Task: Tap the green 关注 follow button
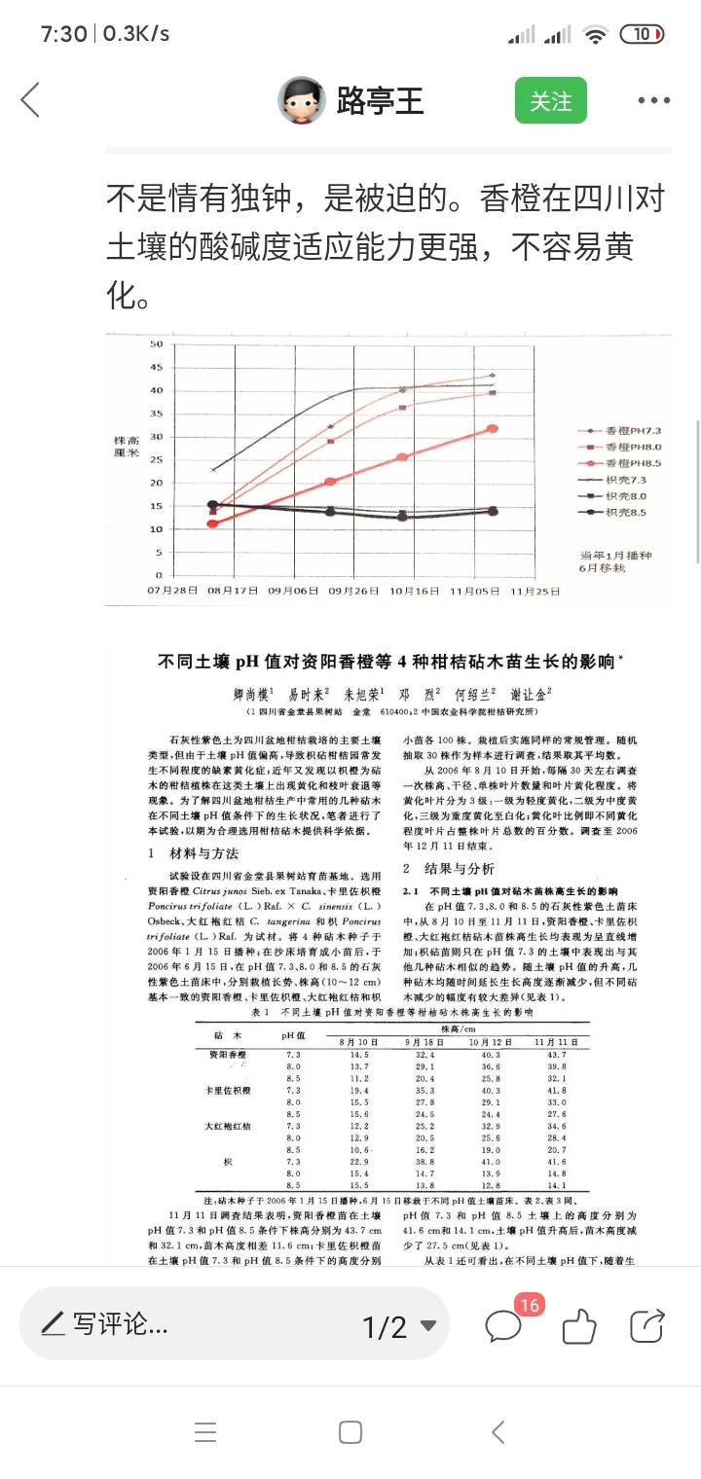(550, 100)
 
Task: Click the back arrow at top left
(31, 100)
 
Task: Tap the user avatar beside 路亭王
(301, 100)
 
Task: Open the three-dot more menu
(653, 100)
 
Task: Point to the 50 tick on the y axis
(156, 344)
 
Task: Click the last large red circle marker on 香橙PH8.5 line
(493, 428)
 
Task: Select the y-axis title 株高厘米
(127, 447)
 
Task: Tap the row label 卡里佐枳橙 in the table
(228, 1091)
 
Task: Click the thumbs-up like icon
(578, 1325)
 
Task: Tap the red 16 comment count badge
(529, 1305)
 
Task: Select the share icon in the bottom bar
(646, 1325)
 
